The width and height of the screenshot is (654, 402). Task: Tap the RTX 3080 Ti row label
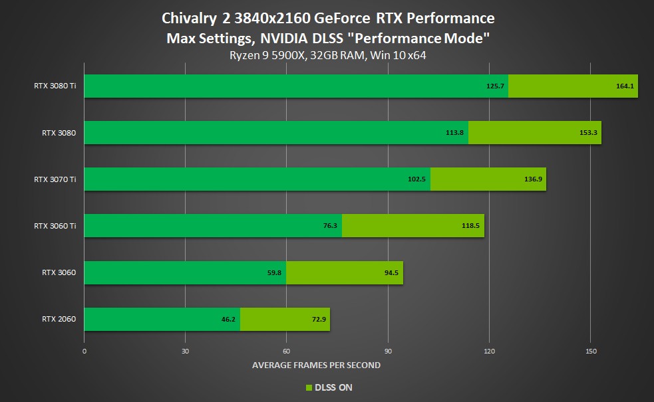coord(55,86)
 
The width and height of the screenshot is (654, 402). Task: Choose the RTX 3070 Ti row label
coord(55,179)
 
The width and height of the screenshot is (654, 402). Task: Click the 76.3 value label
coord(331,226)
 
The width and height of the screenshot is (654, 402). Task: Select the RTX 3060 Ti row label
coord(55,225)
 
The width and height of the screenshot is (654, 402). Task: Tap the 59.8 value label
coord(274,272)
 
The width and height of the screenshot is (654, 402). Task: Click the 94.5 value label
coord(391,272)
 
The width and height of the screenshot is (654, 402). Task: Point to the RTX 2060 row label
coord(59,319)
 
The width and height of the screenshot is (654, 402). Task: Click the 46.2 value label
coord(228,319)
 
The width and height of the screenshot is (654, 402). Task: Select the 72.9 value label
coord(317,319)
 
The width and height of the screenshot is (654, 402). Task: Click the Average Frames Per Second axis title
coord(317,365)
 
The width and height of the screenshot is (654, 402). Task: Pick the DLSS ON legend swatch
coord(309,387)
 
